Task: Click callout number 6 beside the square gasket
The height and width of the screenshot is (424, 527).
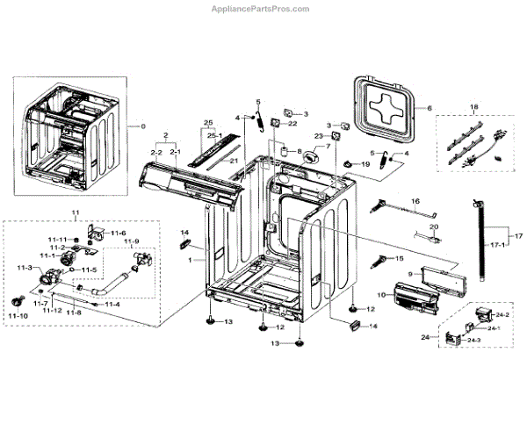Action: [x=430, y=108]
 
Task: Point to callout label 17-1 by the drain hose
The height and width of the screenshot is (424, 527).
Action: [x=497, y=245]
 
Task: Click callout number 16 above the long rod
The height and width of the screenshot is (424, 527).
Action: [x=416, y=201]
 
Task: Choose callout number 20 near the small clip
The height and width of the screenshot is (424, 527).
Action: [x=433, y=226]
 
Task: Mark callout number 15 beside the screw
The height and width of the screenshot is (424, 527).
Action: [x=400, y=259]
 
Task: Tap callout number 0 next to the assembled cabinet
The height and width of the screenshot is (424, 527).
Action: [x=143, y=126]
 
